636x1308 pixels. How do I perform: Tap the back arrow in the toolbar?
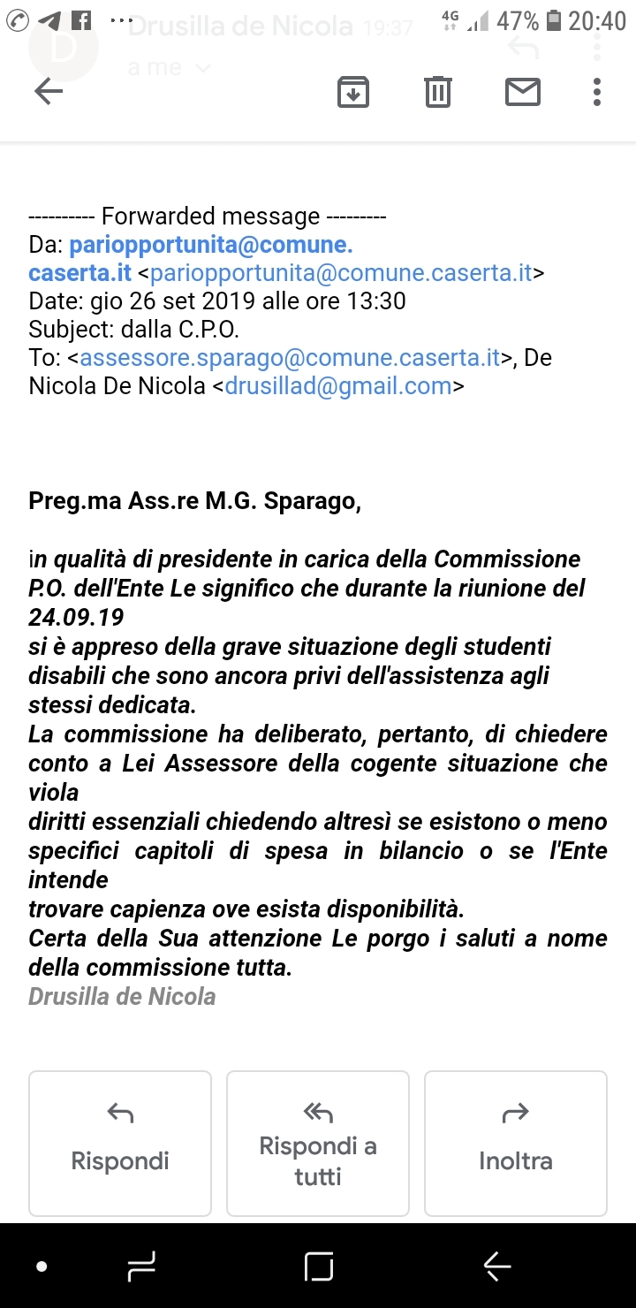point(49,91)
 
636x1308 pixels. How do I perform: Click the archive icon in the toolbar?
point(353,91)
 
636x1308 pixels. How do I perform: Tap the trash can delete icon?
point(438,91)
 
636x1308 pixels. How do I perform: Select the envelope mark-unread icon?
point(523,91)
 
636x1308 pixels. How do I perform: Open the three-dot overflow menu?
point(597,91)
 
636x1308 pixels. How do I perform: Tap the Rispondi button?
point(120,1143)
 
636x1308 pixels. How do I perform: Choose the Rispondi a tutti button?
point(318,1143)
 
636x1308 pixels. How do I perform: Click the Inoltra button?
point(516,1143)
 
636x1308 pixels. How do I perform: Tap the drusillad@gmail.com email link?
point(338,386)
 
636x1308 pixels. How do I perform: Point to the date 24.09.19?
point(76,617)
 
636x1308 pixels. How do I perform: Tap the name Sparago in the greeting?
point(314,502)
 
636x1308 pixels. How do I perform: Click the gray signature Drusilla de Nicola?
point(122,997)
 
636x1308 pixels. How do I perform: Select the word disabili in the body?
point(64,676)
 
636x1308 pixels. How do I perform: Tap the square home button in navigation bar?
point(319,1266)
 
